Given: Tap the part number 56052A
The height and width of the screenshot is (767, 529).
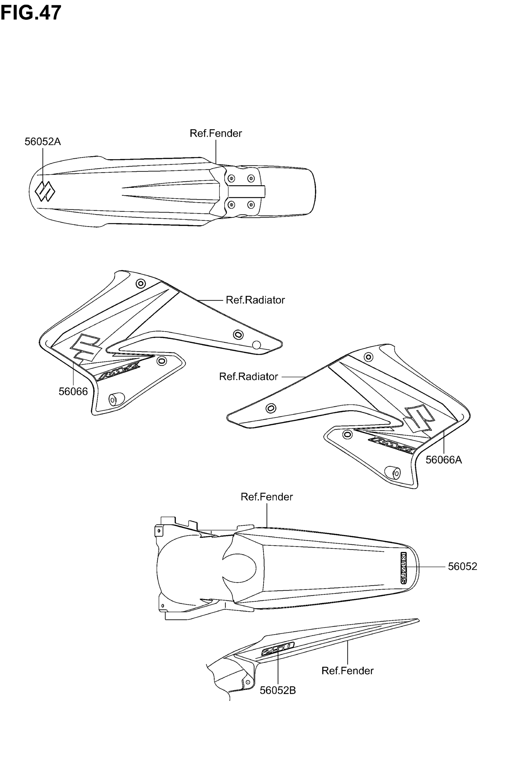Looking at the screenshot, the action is click(x=43, y=142).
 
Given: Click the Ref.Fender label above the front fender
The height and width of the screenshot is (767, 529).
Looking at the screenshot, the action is click(x=216, y=133).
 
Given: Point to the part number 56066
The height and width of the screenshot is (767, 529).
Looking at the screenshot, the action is click(x=73, y=392).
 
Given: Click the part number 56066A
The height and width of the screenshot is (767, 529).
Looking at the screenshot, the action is click(x=443, y=460).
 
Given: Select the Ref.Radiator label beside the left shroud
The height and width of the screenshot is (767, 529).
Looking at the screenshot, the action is click(x=255, y=300).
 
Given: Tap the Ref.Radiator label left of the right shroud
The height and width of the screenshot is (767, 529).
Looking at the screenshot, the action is click(x=249, y=377).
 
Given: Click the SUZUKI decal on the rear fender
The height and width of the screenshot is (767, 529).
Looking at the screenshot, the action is click(x=403, y=568).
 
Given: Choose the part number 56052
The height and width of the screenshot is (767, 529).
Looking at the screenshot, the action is click(x=462, y=566).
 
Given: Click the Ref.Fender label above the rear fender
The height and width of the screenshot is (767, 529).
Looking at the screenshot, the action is click(x=267, y=497).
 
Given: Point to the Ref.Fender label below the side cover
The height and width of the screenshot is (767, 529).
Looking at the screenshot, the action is click(x=347, y=671).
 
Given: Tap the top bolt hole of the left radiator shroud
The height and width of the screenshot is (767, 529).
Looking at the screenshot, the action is click(x=141, y=283).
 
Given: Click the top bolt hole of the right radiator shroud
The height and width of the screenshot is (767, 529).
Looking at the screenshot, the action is click(x=368, y=357).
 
